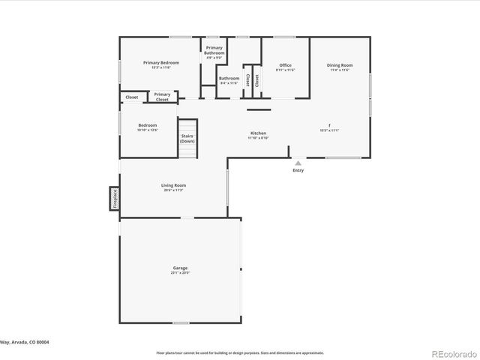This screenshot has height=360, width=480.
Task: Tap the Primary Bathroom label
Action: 214,51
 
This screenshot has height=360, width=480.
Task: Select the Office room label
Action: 285,66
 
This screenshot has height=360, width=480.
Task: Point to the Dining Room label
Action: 339,66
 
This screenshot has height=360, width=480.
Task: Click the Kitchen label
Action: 258,134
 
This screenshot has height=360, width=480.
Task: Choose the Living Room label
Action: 173,185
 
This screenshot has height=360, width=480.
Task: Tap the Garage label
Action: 180,268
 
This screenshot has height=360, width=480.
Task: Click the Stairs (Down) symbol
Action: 187,139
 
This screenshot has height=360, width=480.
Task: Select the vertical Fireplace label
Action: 115,199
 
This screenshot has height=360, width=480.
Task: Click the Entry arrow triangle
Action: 298,163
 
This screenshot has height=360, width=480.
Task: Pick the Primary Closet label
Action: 162,97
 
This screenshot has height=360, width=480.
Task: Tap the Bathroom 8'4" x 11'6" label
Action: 229,80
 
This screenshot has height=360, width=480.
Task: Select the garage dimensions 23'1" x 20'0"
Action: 180,273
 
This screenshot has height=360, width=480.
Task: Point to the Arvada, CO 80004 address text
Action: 30,341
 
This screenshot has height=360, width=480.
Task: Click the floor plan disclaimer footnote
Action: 240,352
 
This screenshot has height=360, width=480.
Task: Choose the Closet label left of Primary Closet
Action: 132,97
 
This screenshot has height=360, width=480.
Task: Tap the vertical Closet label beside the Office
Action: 257,80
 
